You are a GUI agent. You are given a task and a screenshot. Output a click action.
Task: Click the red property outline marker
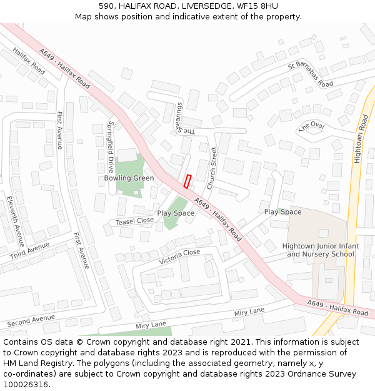(x=187, y=181)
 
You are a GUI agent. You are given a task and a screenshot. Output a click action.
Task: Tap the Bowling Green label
(x=129, y=178)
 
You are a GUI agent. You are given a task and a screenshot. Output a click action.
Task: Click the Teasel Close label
(x=135, y=221)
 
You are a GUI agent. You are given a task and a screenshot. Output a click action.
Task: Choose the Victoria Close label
(x=179, y=256)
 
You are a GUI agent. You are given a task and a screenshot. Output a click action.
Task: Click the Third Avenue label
(x=29, y=251)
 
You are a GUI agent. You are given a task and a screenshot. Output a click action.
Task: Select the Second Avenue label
(x=31, y=320)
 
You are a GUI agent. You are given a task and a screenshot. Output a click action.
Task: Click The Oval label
(x=312, y=127)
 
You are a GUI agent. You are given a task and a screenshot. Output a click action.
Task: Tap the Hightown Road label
(x=361, y=138)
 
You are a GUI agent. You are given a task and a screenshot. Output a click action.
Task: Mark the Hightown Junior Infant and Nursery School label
(x=321, y=250)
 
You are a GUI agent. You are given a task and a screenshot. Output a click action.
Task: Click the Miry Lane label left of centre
(x=150, y=324)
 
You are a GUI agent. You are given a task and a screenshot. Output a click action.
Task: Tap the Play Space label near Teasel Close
(x=176, y=213)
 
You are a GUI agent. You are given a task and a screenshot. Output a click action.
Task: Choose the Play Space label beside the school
(x=282, y=212)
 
